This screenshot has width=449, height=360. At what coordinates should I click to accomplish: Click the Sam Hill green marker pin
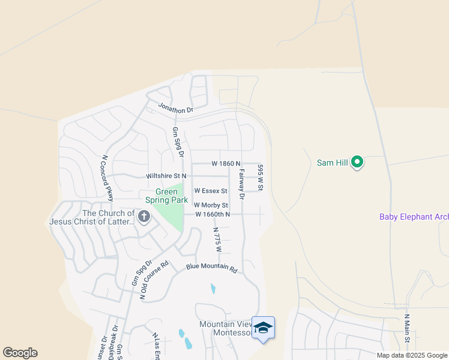pyautogui.click(x=357, y=162)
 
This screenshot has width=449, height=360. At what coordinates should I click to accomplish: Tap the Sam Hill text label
pyautogui.click(x=332, y=163)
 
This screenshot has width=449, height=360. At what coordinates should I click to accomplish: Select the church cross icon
pyautogui.click(x=143, y=217)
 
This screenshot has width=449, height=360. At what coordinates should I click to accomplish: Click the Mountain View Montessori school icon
pyautogui.click(x=263, y=328)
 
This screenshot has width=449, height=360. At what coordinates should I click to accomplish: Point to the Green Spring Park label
pyautogui.click(x=166, y=197)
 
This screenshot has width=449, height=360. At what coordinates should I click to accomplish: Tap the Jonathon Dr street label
pyautogui.click(x=175, y=107)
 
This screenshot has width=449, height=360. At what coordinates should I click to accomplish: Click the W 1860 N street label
pyautogui.click(x=226, y=163)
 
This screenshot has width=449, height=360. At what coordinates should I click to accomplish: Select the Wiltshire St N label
pyautogui.click(x=166, y=176)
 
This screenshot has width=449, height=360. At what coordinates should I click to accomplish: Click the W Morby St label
pyautogui.click(x=211, y=205)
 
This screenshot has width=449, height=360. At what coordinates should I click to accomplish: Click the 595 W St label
pyautogui.click(x=261, y=178)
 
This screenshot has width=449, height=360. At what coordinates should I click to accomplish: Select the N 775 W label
pyautogui.click(x=217, y=239)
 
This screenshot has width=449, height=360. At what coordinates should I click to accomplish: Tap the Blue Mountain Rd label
pyautogui.click(x=211, y=268)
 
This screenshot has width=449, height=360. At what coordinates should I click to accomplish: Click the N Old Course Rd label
pyautogui.click(x=155, y=279)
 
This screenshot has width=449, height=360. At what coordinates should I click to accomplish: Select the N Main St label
pyautogui.click(x=406, y=328)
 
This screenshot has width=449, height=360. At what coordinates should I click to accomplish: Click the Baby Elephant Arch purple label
pyautogui.click(x=414, y=217)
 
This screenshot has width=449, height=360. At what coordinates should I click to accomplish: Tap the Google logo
pyautogui.click(x=20, y=353)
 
